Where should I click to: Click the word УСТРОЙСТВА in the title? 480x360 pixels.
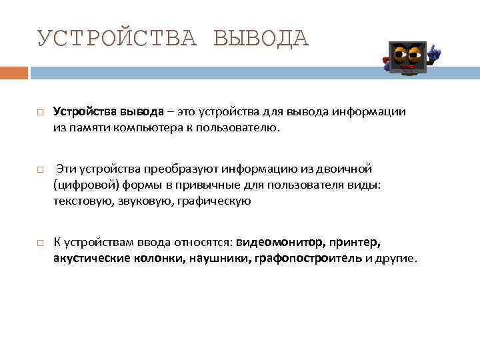117,38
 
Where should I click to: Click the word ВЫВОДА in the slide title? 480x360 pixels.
261,38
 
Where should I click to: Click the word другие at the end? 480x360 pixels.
397,258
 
